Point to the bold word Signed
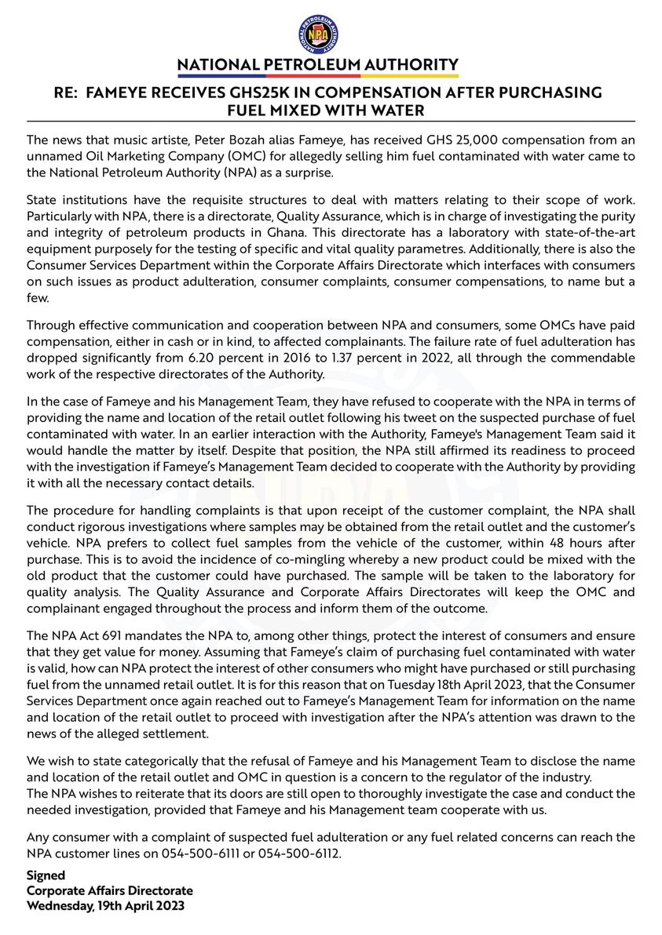(46, 875)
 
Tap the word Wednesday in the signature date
(60, 906)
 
